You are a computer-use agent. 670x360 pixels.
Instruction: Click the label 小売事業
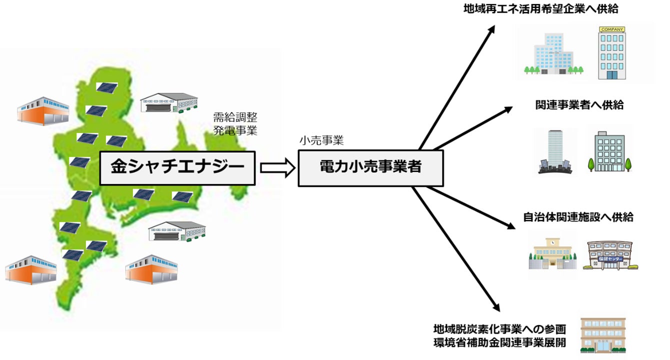click(x=321, y=141)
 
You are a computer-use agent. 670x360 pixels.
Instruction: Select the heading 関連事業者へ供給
click(x=579, y=105)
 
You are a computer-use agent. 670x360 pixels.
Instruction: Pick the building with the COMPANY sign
click(x=612, y=53)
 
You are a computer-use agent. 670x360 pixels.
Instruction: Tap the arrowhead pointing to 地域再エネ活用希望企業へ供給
click(x=491, y=29)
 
